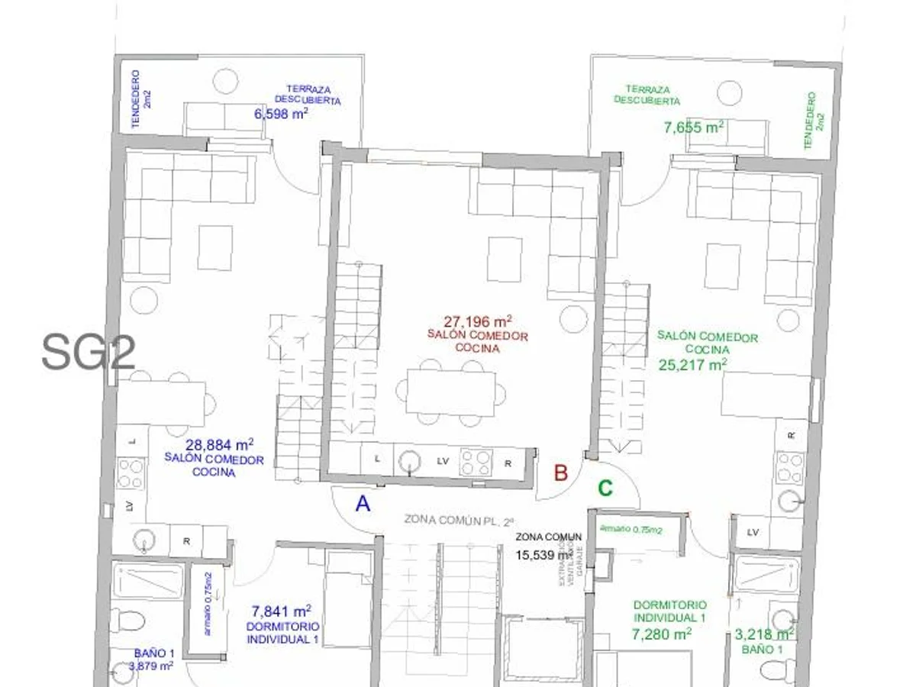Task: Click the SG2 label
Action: click(x=89, y=352)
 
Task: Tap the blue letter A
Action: click(x=363, y=504)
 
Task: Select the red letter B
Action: click(x=560, y=473)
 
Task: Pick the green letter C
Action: click(x=605, y=489)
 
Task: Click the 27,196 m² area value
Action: click(x=477, y=321)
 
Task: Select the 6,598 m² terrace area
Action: click(x=280, y=114)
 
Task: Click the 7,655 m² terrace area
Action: click(x=693, y=127)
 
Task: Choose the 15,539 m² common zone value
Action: click(x=544, y=555)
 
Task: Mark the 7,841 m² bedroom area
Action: click(x=280, y=611)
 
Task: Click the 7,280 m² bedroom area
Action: click(x=662, y=634)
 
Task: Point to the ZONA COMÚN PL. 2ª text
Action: click(x=460, y=521)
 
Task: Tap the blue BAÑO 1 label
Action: click(x=154, y=653)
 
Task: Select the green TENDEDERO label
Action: click(x=814, y=121)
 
